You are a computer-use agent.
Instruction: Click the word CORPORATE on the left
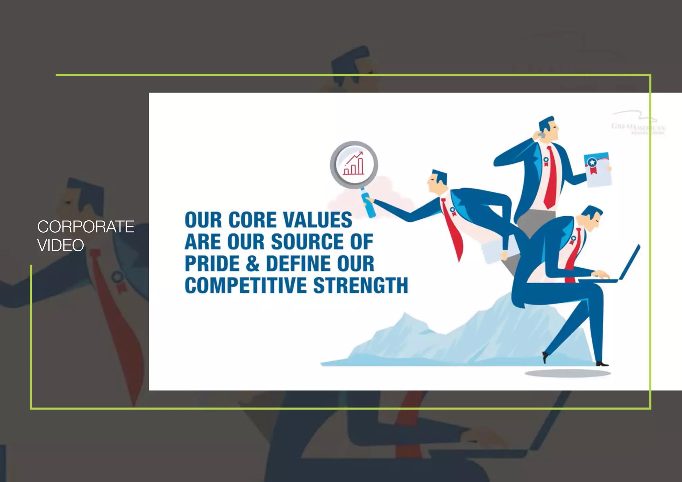[x=86, y=227]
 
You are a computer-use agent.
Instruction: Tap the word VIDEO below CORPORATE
[x=61, y=246]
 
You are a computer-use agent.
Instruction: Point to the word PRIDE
[x=212, y=264]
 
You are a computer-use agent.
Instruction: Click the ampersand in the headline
[x=253, y=264]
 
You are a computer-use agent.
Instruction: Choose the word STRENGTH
[x=361, y=286]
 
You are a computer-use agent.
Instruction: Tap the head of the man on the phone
[x=549, y=128]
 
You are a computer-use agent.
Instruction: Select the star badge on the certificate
[x=592, y=162]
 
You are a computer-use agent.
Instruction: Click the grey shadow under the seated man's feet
[x=568, y=373]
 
